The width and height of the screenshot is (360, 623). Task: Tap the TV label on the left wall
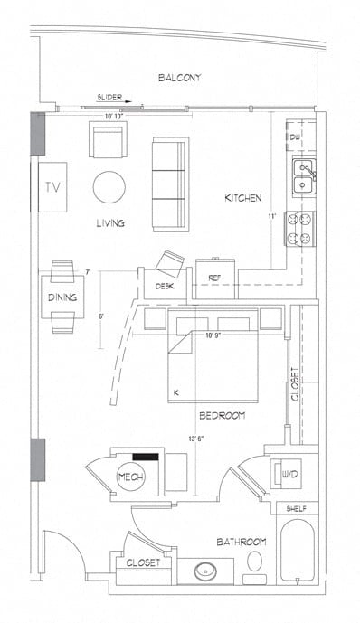(52, 188)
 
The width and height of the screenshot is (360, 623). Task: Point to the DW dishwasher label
(295, 137)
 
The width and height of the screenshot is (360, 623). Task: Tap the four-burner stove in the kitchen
(299, 228)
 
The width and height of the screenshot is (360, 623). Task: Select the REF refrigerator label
(215, 278)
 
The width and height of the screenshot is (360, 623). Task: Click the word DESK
(164, 287)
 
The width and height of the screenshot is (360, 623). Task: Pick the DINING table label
(62, 297)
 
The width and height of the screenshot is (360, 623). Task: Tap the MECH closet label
(128, 477)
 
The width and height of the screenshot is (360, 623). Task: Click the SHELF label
(296, 509)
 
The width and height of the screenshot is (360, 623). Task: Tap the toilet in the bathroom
(256, 562)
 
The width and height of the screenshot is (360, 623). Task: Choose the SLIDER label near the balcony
(111, 96)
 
